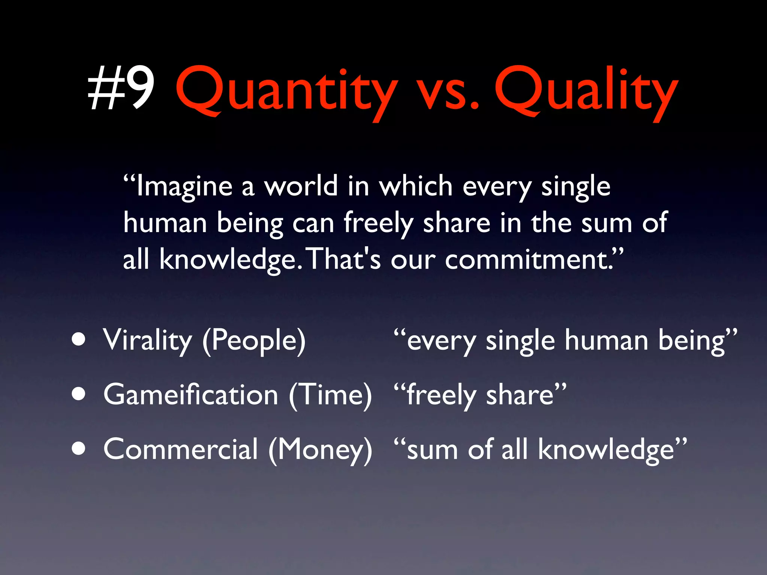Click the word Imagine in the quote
click(184, 186)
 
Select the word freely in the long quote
click(378, 223)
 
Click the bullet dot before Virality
click(79, 340)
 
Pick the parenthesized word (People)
click(254, 341)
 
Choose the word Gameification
click(191, 395)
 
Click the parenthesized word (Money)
click(321, 449)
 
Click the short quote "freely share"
click(480, 395)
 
